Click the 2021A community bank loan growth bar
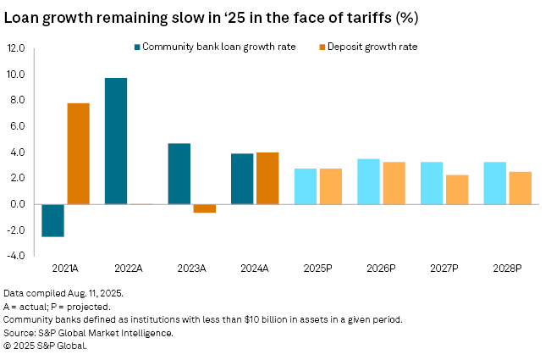[52, 220]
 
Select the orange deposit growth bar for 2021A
[78, 153]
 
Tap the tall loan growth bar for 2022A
[116, 141]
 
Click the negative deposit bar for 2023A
[204, 208]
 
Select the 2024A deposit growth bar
[267, 178]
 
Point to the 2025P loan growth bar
[306, 186]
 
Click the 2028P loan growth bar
[495, 183]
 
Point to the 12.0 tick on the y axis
[16, 49]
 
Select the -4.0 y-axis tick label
[16, 256]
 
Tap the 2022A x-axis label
[128, 268]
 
